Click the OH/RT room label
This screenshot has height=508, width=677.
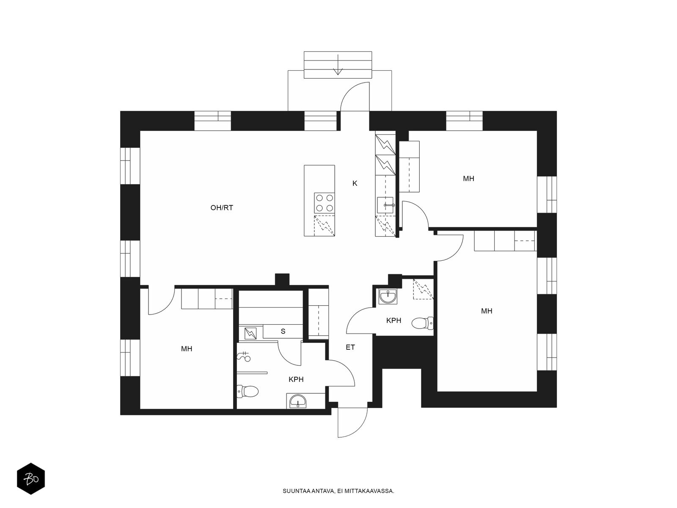pos(221,207)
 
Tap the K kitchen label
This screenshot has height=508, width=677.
pos(355,184)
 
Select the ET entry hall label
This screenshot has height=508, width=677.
pos(350,347)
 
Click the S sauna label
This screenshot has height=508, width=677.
pos(283,331)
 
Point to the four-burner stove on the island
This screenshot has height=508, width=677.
pos(325,203)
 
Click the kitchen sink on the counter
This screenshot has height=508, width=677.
pos(385,205)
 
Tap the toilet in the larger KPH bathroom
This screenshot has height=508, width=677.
pos(248,392)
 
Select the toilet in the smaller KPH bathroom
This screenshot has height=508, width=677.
pos(423,323)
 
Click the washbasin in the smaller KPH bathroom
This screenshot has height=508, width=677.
pos(388,297)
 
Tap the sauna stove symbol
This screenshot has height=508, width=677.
pos(250,334)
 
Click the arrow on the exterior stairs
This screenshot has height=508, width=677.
pos(338,64)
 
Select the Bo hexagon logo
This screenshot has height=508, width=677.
pos(31,479)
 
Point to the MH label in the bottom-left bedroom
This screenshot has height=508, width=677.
pos(187,349)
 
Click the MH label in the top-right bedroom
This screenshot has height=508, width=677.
pos(468,179)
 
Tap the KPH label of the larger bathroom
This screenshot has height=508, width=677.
pos(296,379)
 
